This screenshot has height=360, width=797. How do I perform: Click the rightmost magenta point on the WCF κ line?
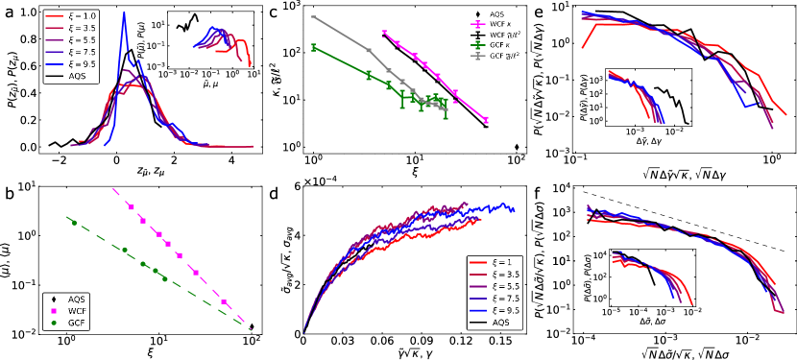coord(486,120)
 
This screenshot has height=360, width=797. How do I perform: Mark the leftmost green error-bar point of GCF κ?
coord(313,47)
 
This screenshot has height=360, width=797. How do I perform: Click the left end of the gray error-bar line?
coord(313,17)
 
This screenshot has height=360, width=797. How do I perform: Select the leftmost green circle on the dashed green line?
coord(73,223)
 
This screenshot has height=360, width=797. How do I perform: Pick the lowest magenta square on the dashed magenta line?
coord(223,301)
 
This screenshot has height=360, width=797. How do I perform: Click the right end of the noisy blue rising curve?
coord(515,208)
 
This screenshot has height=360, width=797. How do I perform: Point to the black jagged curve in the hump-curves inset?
coord(186,23)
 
